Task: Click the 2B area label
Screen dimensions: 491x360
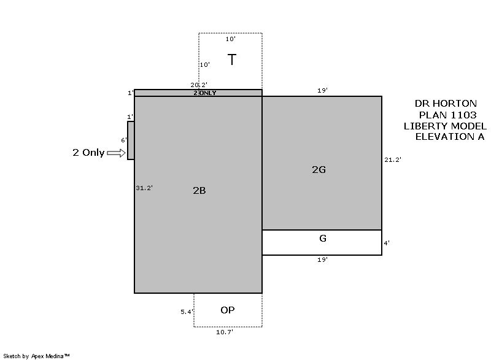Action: coord(199,191)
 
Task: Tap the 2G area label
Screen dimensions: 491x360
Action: coord(319,169)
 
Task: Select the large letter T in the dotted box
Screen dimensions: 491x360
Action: coord(232,59)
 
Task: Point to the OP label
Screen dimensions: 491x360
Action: coord(227,310)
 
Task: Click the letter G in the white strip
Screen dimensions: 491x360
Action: coord(323,239)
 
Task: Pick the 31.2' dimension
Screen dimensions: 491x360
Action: coord(144,188)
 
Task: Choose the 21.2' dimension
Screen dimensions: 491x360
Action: coord(393,160)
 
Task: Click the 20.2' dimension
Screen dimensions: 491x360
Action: coord(199,85)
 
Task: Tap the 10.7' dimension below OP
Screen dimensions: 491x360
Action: coord(225,332)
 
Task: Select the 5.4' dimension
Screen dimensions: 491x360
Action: coord(187,312)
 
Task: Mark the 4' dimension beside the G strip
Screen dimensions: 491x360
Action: coord(387,243)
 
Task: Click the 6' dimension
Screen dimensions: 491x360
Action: coord(124,140)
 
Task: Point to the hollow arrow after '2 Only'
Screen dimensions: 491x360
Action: coord(116,153)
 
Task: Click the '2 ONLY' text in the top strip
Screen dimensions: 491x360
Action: coord(205,93)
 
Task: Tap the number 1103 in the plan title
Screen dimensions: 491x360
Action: coord(463,115)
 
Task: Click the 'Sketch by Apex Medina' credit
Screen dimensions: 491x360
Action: coord(37,356)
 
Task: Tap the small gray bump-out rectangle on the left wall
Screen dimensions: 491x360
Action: coord(131,140)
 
